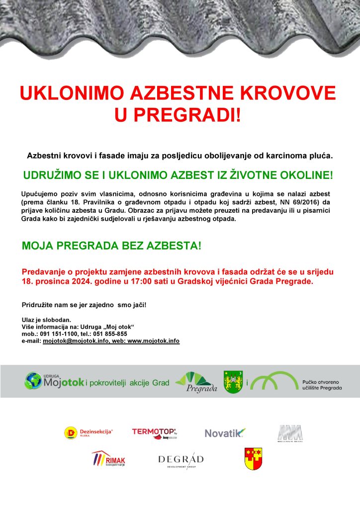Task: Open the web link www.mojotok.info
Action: [153, 341]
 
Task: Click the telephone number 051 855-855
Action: [109, 334]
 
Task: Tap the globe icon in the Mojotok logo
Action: [33, 381]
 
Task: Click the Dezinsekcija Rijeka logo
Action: [89, 433]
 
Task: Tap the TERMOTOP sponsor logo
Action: [154, 433]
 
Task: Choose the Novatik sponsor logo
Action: [225, 433]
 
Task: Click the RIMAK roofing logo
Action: [107, 460]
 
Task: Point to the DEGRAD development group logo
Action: [180, 461]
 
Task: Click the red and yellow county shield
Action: [254, 459]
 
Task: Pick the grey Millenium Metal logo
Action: [290, 432]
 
